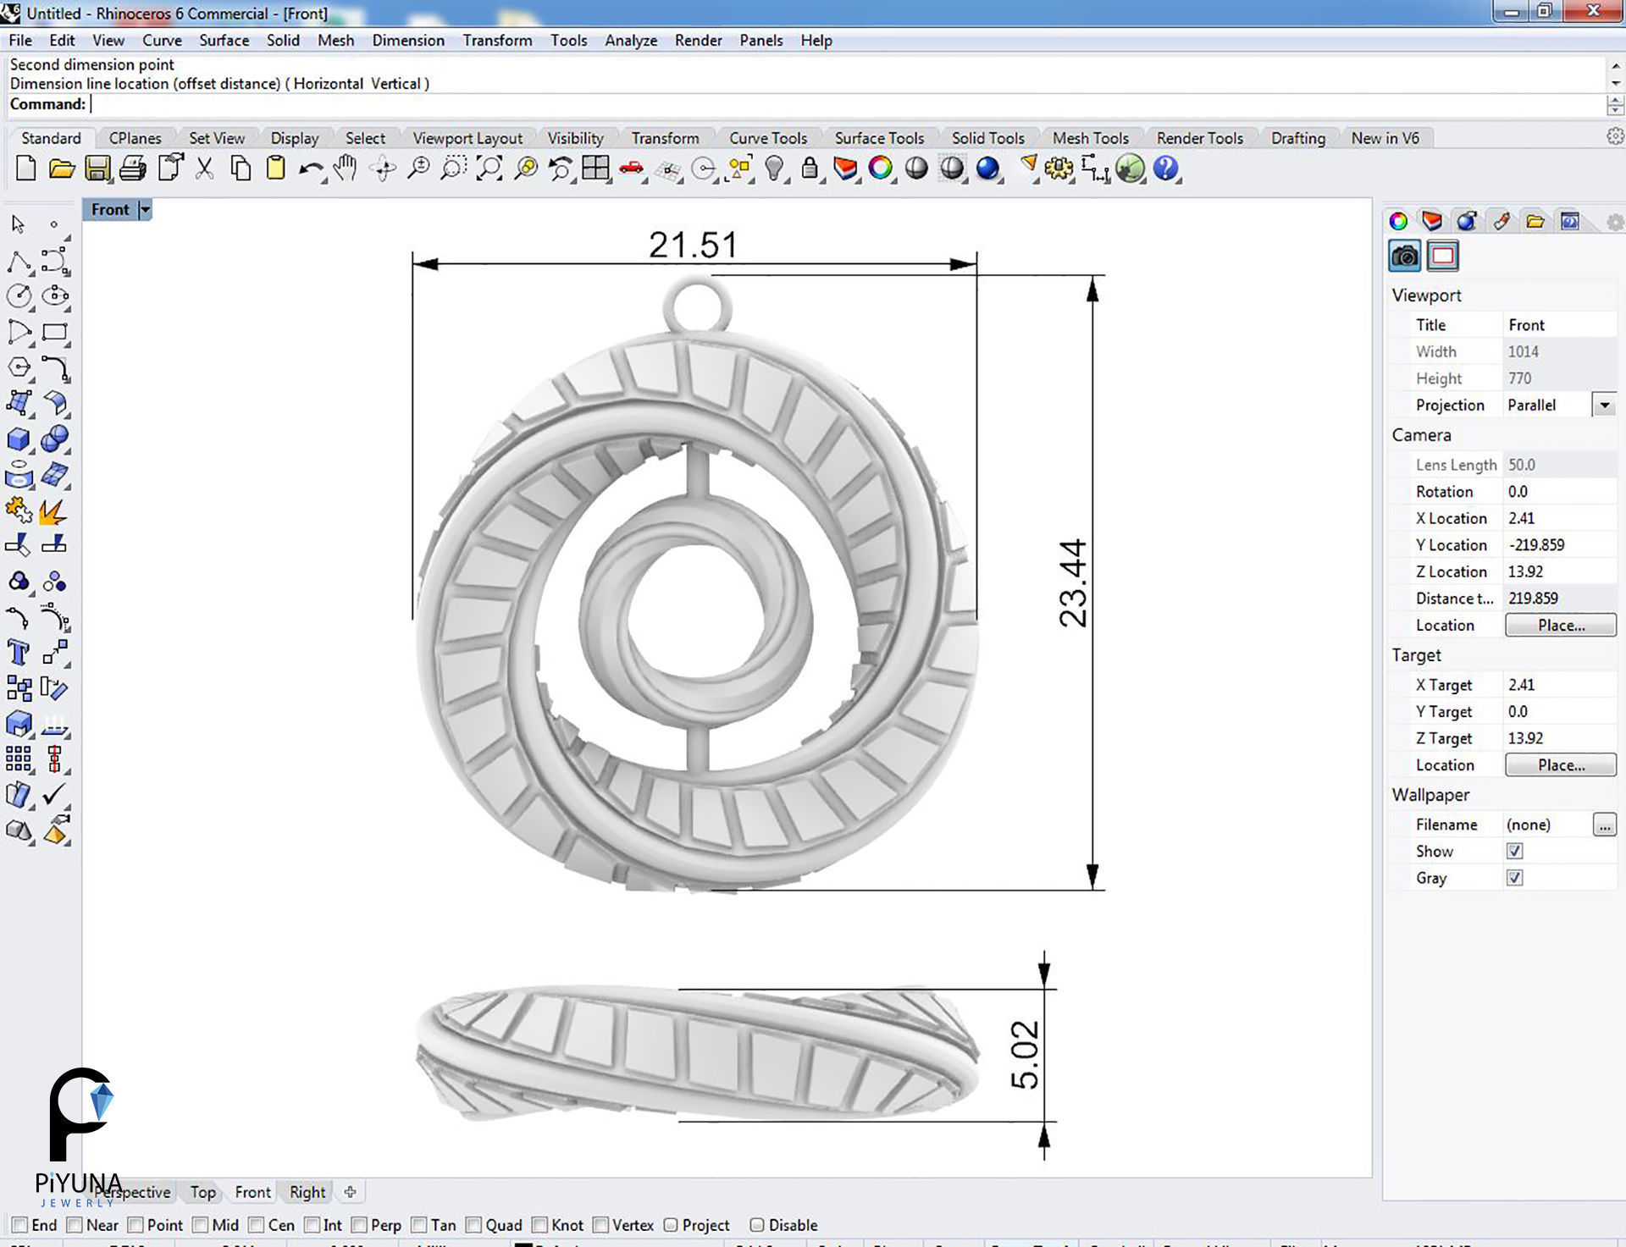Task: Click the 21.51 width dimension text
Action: pyautogui.click(x=693, y=246)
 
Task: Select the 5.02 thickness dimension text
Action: pyautogui.click(x=1025, y=1055)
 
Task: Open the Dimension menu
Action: pyautogui.click(x=407, y=40)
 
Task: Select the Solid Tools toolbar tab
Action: pyautogui.click(x=987, y=138)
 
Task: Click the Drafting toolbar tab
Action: pyautogui.click(x=1297, y=138)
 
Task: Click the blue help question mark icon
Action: pyautogui.click(x=1165, y=168)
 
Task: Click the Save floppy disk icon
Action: pyautogui.click(x=97, y=168)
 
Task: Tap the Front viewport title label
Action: pyautogui.click(x=110, y=209)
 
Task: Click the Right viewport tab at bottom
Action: pyautogui.click(x=307, y=1192)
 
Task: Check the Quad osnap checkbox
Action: pyautogui.click(x=474, y=1225)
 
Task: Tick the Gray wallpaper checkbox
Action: pyautogui.click(x=1514, y=878)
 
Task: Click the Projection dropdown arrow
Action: pyautogui.click(x=1604, y=405)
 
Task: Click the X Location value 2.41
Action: pyautogui.click(x=1521, y=518)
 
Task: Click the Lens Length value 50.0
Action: pyautogui.click(x=1522, y=465)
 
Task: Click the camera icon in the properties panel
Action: pyautogui.click(x=1404, y=256)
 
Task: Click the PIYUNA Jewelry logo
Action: pyautogui.click(x=79, y=1134)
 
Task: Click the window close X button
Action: pyautogui.click(x=1593, y=11)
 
